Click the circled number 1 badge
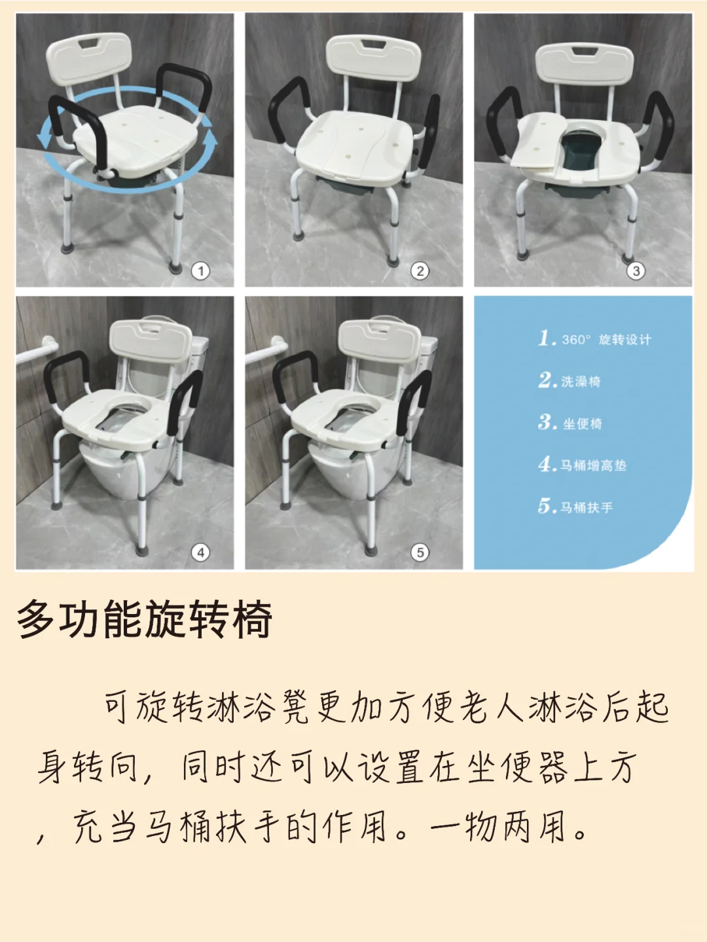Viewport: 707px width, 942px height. click(201, 270)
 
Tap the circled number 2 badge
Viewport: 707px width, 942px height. click(420, 270)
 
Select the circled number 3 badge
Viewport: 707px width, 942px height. click(636, 270)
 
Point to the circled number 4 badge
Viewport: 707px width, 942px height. click(201, 553)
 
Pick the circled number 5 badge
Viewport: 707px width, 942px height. click(420, 553)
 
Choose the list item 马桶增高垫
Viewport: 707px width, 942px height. click(582, 465)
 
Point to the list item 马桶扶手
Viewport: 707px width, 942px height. click(575, 507)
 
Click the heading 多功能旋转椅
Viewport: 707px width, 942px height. click(144, 619)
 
